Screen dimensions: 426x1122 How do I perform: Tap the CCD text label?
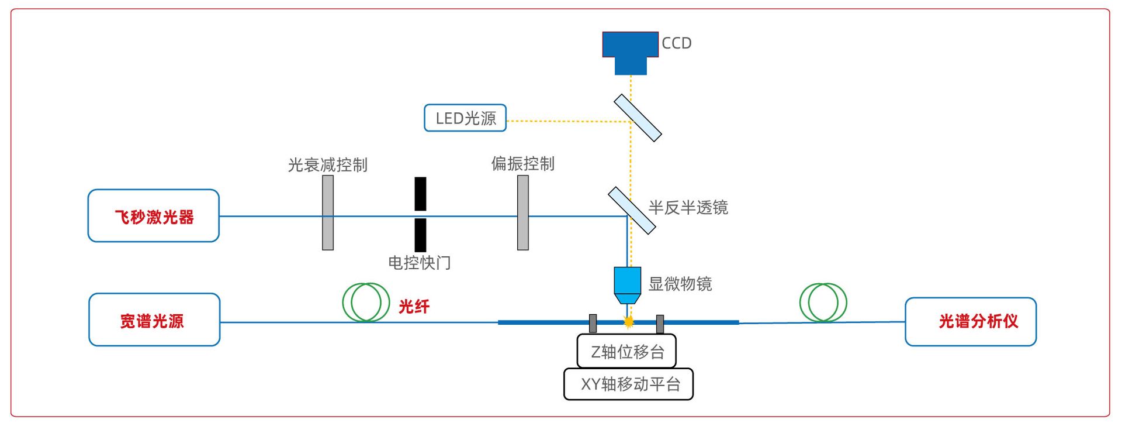click(676, 43)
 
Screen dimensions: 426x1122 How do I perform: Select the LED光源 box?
click(465, 118)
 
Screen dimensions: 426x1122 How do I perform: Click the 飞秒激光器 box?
click(154, 216)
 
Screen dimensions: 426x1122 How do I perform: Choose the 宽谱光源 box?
click(154, 320)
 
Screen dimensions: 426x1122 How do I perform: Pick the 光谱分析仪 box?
click(971, 322)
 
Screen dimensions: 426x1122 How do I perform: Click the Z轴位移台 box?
click(626, 351)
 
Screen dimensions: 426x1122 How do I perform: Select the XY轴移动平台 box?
click(629, 384)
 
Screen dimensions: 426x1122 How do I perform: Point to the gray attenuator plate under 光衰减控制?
click(328, 213)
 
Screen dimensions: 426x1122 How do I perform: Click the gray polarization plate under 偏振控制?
click(523, 213)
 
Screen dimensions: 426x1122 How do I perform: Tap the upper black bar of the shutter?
click(420, 194)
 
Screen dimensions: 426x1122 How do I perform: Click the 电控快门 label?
click(420, 263)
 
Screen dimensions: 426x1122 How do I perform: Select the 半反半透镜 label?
click(688, 208)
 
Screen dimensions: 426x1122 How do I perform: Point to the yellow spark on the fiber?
click(629, 321)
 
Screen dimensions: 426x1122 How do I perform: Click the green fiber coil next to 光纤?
click(366, 303)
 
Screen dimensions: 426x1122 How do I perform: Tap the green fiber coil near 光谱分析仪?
click(823, 303)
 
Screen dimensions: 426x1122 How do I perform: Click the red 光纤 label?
click(414, 306)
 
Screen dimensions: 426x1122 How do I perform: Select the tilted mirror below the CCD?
click(638, 118)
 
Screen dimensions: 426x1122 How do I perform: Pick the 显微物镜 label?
click(680, 284)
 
